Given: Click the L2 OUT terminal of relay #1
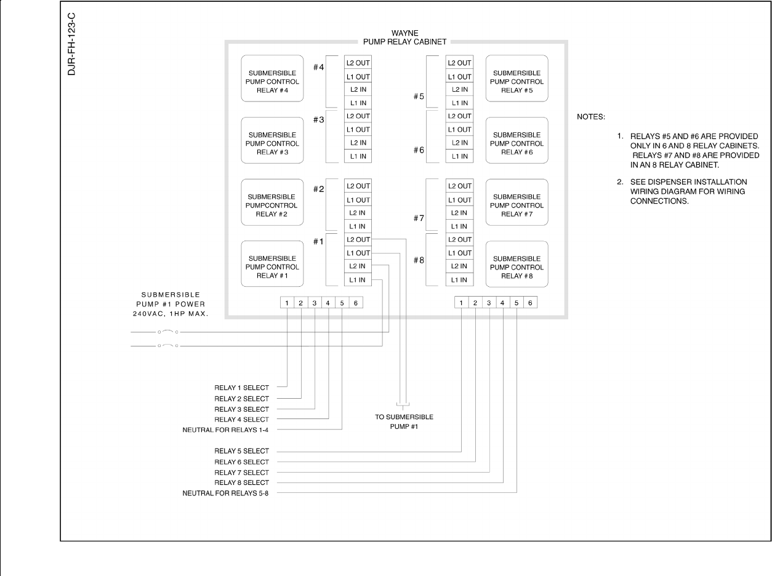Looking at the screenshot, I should point(358,239).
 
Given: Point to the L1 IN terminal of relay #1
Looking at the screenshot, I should point(358,280).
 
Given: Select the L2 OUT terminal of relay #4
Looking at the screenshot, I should point(358,63).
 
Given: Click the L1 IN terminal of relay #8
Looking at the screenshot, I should point(459,280).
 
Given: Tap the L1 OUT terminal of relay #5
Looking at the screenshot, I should point(459,76).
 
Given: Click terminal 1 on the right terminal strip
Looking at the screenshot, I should point(462,303).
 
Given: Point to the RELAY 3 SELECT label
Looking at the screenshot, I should point(241,409).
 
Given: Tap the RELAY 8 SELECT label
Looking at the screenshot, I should point(241,483).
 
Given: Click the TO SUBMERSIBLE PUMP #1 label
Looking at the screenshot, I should point(404,422).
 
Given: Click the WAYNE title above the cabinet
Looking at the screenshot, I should point(404,32).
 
